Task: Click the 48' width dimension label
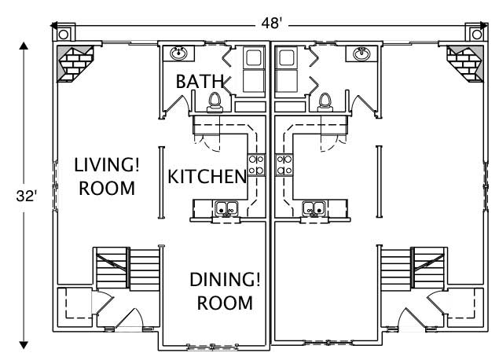[271, 23]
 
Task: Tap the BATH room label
[199, 81]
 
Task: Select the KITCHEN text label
[207, 176]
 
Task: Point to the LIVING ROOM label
[107, 177]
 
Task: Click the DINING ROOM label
[225, 291]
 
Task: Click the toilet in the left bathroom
[214, 100]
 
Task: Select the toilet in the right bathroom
[325, 100]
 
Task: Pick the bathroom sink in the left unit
[179, 54]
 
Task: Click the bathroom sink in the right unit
[361, 54]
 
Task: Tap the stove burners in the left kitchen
[256, 163]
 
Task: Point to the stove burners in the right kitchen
[284, 163]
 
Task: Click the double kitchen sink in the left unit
[228, 209]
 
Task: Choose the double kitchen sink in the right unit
[314, 209]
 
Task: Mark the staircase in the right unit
[413, 270]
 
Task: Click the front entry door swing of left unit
[132, 318]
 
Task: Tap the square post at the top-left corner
[62, 33]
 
